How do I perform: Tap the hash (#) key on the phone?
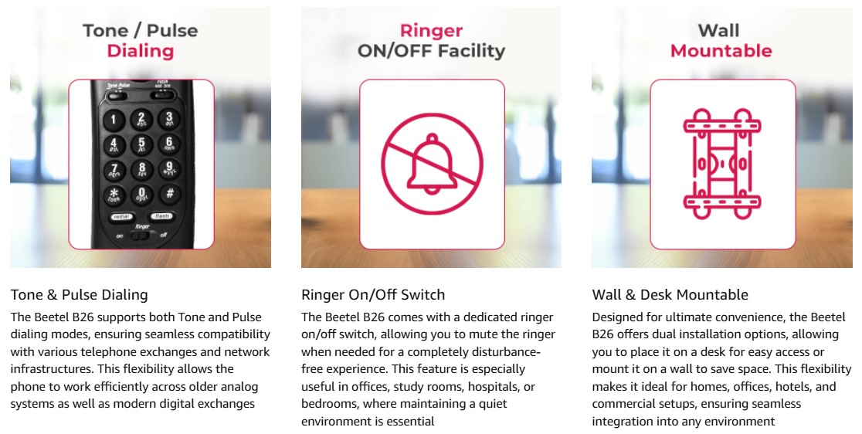coord(169,194)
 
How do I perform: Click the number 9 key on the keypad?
coord(169,168)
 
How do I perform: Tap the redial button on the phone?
coord(121,217)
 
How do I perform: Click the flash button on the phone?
coord(161,216)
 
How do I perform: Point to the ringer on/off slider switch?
coord(142,236)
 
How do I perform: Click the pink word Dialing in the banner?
coord(140,50)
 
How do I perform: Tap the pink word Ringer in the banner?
coord(431,31)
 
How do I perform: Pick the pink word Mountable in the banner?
coord(721,50)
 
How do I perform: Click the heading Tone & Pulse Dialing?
coord(79,295)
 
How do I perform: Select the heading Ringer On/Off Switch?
coord(373,295)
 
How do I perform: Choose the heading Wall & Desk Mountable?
coord(670,295)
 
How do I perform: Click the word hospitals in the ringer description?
coord(493,387)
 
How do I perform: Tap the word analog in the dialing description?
coord(239,387)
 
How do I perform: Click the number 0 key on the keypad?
coord(141,194)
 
